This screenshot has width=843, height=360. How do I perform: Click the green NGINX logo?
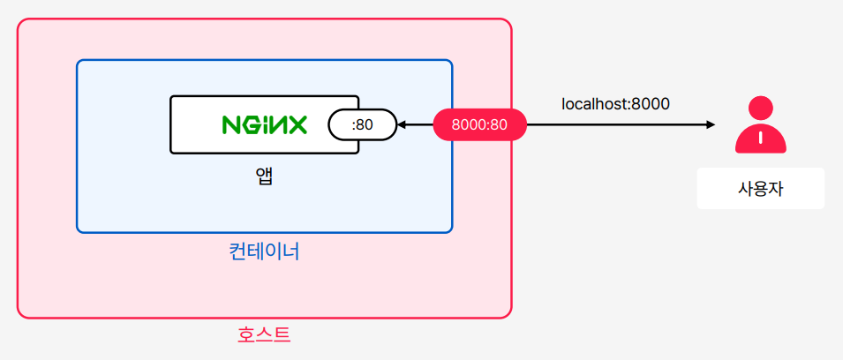(x=264, y=124)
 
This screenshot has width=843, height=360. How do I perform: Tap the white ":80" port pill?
(x=362, y=124)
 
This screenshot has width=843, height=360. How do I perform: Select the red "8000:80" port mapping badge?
(x=479, y=124)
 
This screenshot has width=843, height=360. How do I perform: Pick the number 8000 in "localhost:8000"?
(x=651, y=103)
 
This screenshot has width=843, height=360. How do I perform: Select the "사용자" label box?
(x=760, y=189)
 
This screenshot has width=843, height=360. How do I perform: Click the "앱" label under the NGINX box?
(x=264, y=176)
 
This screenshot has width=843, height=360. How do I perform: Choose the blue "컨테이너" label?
(x=264, y=251)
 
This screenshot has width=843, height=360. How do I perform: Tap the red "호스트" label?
(x=264, y=335)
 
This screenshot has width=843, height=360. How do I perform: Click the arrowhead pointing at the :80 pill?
(x=401, y=124)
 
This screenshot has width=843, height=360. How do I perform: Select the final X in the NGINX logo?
(x=297, y=124)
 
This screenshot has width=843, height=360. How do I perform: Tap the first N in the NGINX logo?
(x=230, y=124)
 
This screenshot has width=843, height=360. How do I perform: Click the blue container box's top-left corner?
(x=79, y=62)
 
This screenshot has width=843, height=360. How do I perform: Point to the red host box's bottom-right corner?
(x=509, y=315)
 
